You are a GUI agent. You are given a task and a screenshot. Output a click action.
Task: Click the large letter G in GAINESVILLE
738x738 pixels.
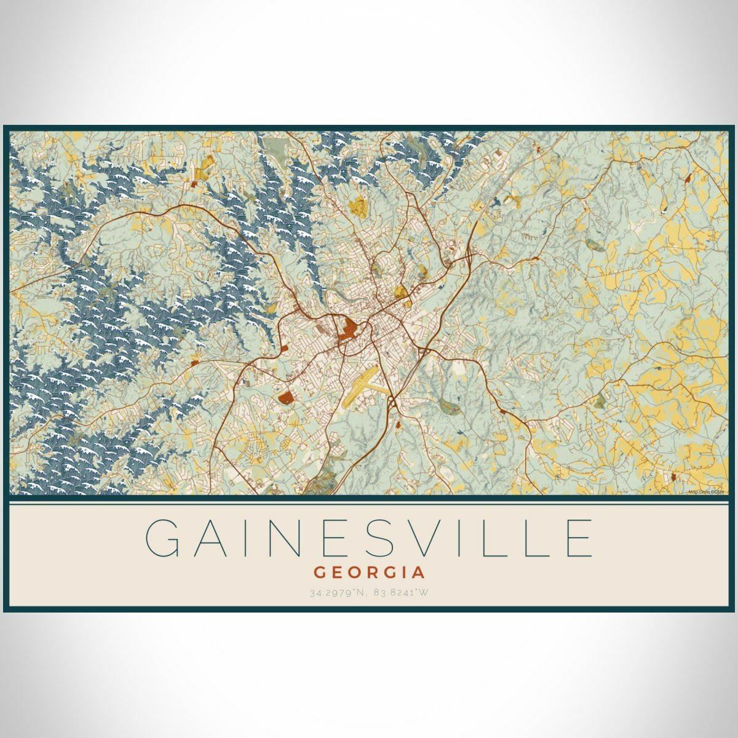tap(165, 539)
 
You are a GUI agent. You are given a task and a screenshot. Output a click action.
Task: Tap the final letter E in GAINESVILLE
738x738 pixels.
tap(577, 539)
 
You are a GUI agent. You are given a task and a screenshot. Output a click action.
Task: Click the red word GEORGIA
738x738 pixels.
tap(369, 573)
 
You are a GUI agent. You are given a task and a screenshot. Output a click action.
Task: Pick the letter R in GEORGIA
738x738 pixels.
tap(370, 573)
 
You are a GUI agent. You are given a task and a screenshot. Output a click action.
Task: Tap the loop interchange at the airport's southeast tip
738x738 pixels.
tap(392, 403)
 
